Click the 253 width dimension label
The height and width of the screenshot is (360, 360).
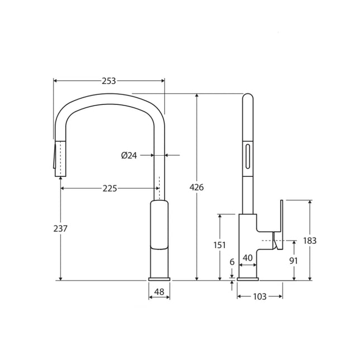(x=109, y=81)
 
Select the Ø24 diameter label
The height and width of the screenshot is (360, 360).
(x=129, y=156)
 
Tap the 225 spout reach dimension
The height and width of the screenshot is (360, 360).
(x=109, y=189)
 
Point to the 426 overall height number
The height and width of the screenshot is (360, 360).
(x=197, y=188)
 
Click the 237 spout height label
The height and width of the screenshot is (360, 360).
(x=60, y=229)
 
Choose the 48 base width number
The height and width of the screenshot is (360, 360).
(x=159, y=292)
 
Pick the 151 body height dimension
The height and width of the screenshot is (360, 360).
(x=220, y=245)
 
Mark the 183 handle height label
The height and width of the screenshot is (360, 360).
(x=310, y=241)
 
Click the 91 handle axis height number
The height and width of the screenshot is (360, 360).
(x=294, y=261)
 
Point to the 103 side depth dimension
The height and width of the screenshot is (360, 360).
(x=260, y=296)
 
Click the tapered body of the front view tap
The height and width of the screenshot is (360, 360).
(x=159, y=234)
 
